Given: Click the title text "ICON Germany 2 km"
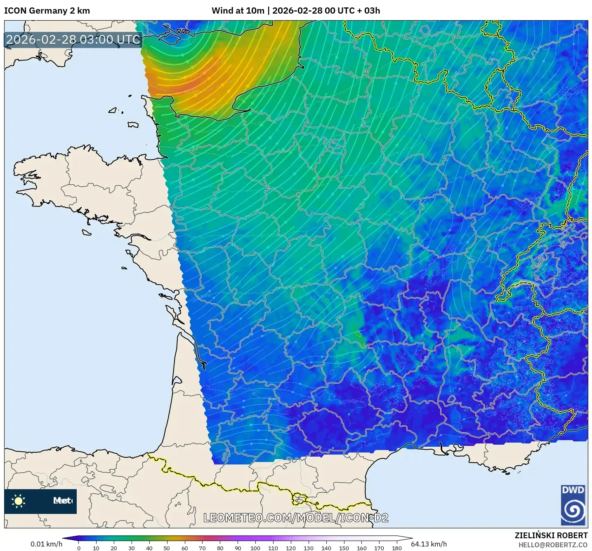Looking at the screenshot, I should coord(47,11).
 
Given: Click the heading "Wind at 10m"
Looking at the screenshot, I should coord(238,11).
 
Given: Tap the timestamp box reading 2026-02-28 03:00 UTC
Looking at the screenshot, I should coord(73,40).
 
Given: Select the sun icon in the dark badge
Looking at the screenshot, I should coord(19,501).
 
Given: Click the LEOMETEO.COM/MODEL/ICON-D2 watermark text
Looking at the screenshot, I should coord(296,518).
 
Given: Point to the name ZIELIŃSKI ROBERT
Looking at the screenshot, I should coord(551,535).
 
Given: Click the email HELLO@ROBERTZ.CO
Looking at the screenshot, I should coord(553,545).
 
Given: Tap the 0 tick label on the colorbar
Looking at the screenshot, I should coord(79,548).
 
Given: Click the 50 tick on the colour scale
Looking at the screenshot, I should coord(167,548).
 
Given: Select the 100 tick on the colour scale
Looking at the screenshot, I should coord(255,548).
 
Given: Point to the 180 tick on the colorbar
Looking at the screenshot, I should coord(396,548).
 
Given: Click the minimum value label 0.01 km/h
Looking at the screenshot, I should coord(46,544).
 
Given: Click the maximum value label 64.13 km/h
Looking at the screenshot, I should coord(429,544).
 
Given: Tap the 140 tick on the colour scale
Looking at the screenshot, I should coord(326,548).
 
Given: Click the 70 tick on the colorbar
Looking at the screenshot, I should coord(202,548).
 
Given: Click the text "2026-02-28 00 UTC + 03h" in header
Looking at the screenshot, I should coord(326,11).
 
